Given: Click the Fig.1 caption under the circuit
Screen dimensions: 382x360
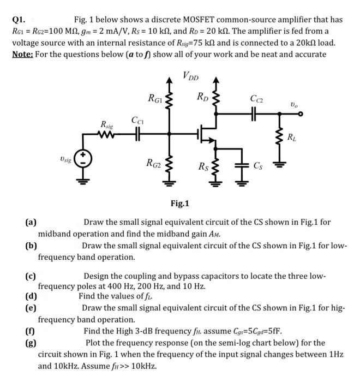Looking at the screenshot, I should coord(179,204).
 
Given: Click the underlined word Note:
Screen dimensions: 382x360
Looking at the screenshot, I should coord(25,54).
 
